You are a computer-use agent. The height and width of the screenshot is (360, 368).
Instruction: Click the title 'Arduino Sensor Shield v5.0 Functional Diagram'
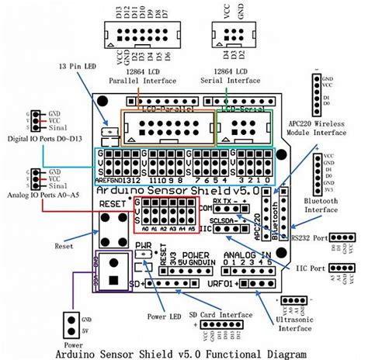click(x=184, y=352)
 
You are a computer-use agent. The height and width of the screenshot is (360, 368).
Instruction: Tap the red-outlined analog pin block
click(x=162, y=215)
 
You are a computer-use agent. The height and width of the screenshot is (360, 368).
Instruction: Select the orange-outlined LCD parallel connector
click(x=167, y=125)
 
